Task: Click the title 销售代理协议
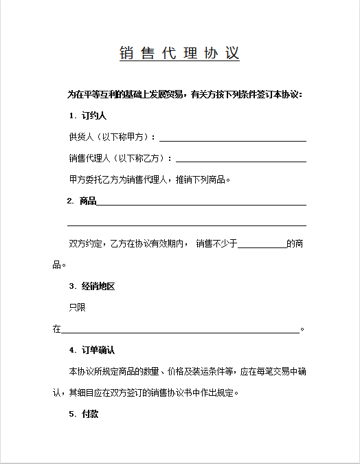179,54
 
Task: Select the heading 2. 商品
82,201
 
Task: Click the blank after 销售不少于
262,245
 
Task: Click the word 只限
77,307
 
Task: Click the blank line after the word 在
181,330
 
